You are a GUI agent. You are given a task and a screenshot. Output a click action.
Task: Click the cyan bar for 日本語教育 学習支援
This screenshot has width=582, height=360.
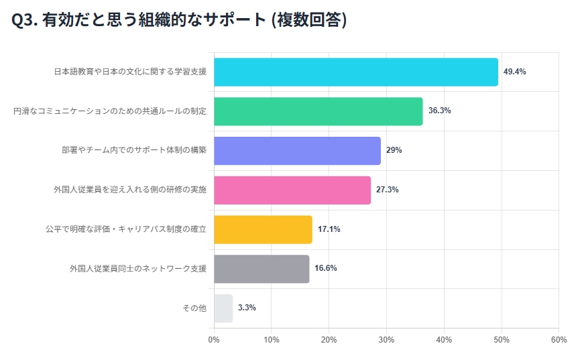[355, 72]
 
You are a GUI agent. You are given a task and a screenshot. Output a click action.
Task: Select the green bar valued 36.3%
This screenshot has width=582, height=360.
[318, 111]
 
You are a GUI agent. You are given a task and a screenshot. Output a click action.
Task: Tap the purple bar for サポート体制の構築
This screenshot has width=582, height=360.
[297, 151]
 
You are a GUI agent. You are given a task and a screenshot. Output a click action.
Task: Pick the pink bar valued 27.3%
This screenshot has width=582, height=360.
[292, 190]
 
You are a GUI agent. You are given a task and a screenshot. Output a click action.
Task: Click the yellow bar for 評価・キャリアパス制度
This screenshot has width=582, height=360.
[263, 229]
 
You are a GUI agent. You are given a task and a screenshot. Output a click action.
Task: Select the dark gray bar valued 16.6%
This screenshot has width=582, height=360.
[261, 269]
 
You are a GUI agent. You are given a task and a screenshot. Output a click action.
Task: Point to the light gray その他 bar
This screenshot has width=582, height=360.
[223, 308]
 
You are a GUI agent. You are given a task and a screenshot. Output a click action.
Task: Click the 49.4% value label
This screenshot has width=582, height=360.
[514, 72]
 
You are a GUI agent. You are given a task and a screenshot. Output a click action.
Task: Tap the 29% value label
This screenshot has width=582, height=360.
[394, 151]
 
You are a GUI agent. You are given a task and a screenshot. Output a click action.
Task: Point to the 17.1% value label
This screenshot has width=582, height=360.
[329, 229]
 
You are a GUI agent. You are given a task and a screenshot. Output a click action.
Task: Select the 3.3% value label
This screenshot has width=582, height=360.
[247, 308]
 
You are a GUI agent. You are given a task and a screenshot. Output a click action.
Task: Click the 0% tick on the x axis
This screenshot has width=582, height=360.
[214, 340]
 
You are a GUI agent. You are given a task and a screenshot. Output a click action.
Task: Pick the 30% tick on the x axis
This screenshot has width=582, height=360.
[386, 340]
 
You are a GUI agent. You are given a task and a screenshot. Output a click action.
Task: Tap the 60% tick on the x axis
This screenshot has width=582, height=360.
[558, 340]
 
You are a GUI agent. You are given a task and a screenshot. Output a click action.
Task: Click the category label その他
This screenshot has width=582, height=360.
[194, 308]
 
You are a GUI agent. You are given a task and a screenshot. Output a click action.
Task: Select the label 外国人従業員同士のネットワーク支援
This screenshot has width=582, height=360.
[138, 269]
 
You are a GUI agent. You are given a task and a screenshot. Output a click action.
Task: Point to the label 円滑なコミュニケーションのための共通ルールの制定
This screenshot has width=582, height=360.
[110, 111]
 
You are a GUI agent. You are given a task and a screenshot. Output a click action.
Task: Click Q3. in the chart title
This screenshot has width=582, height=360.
[25, 21]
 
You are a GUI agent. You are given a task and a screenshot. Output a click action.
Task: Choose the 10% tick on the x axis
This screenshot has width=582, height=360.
[271, 340]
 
